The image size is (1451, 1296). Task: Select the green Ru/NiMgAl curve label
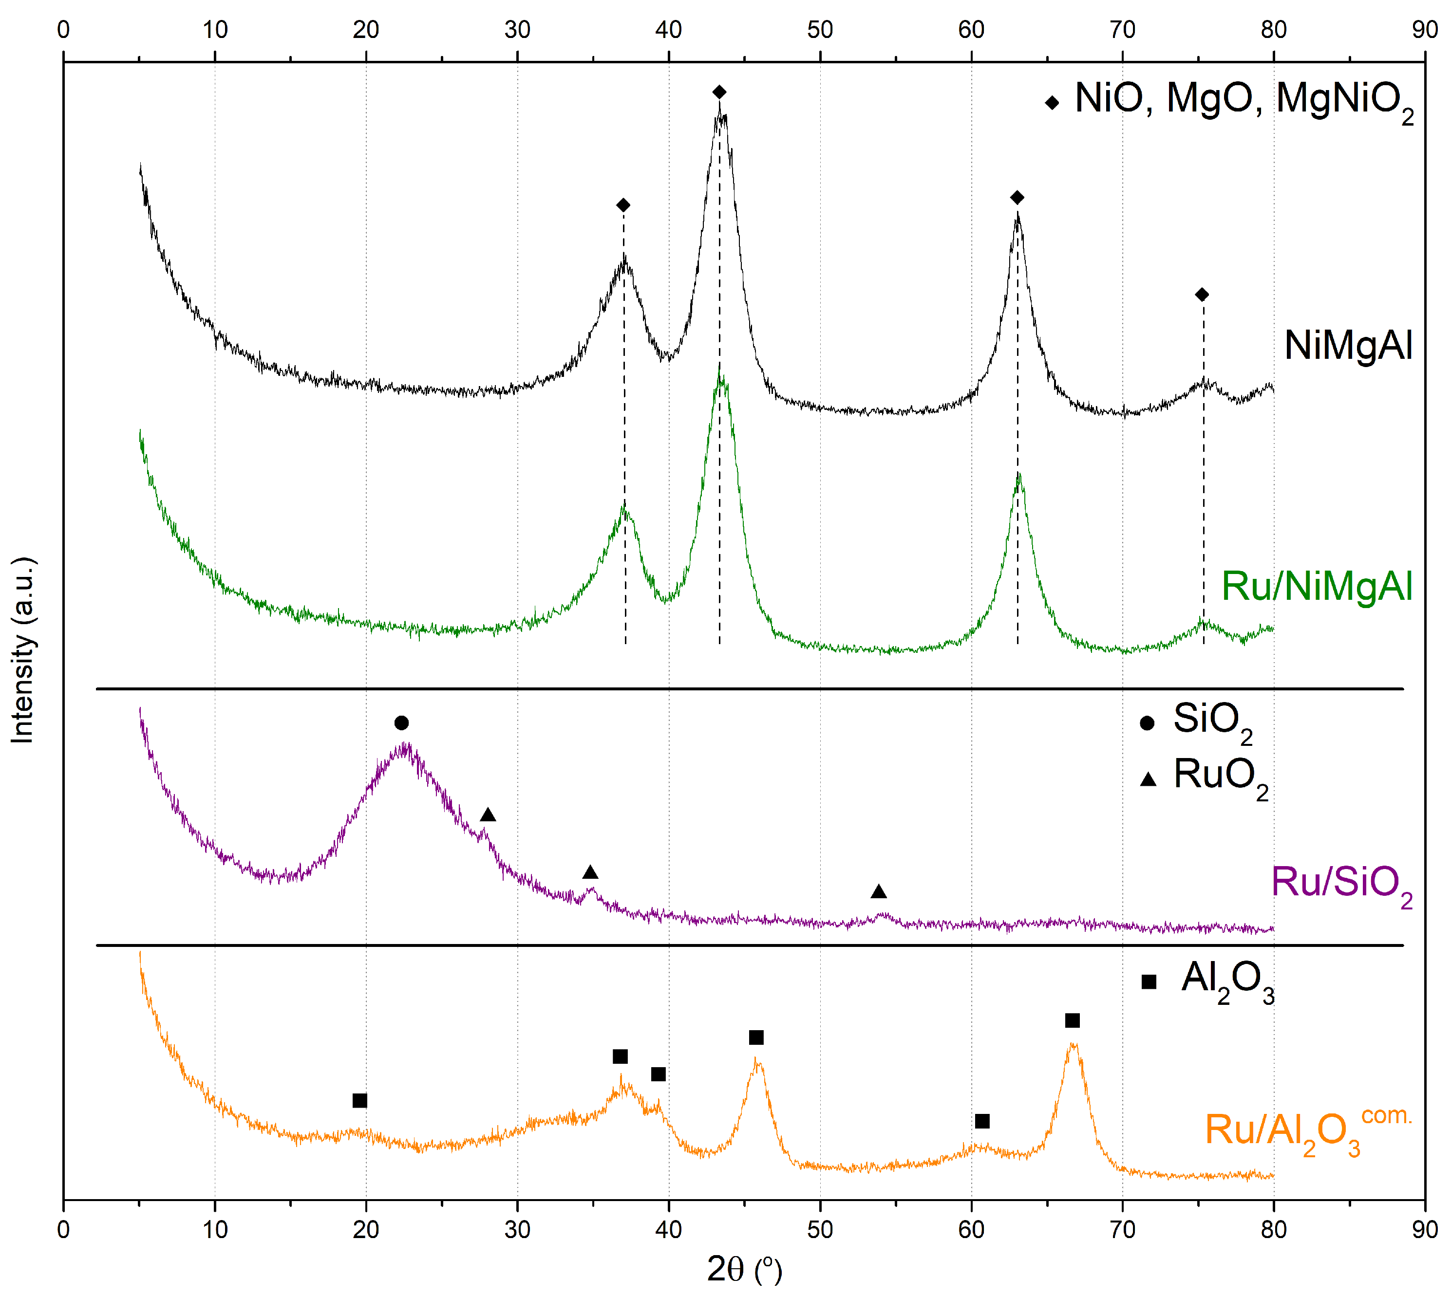pyautogui.click(x=1317, y=586)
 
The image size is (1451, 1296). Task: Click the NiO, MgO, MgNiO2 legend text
pyautogui.click(x=1243, y=100)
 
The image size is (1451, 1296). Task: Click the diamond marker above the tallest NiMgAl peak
pyautogui.click(x=719, y=92)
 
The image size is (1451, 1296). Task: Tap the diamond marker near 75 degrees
pyautogui.click(x=1202, y=294)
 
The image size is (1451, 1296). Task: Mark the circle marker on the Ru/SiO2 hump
pyautogui.click(x=401, y=723)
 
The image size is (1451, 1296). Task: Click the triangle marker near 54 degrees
pyautogui.click(x=878, y=891)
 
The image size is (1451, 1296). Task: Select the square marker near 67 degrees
pyautogui.click(x=1072, y=1020)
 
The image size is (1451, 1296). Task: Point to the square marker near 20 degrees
pyautogui.click(x=360, y=1100)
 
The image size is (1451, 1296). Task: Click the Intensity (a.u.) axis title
pyautogui.click(x=23, y=649)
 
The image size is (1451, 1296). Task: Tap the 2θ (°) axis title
pyautogui.click(x=744, y=1269)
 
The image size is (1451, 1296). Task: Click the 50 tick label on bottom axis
pyautogui.click(x=820, y=1229)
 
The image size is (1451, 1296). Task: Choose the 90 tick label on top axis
pyautogui.click(x=1425, y=30)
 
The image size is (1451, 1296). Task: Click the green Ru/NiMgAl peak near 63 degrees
pyautogui.click(x=1018, y=476)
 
